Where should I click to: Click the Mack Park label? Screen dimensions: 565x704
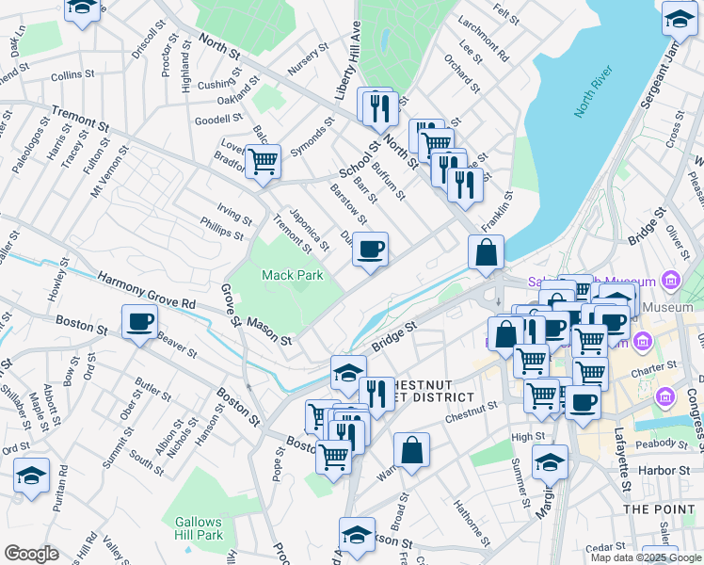point(292,275)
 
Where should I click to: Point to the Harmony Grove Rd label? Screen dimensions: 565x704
point(147,291)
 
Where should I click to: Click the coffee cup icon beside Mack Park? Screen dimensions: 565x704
point(371,250)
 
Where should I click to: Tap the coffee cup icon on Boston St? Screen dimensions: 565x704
point(139,322)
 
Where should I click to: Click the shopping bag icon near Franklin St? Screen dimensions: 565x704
point(487,252)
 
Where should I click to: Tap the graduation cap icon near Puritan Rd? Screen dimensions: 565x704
point(31,476)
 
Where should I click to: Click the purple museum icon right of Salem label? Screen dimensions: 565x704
point(670,280)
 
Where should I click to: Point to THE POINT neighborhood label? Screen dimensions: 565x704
point(659,508)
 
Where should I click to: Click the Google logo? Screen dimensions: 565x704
point(31,554)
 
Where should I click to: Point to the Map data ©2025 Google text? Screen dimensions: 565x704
point(646,557)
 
